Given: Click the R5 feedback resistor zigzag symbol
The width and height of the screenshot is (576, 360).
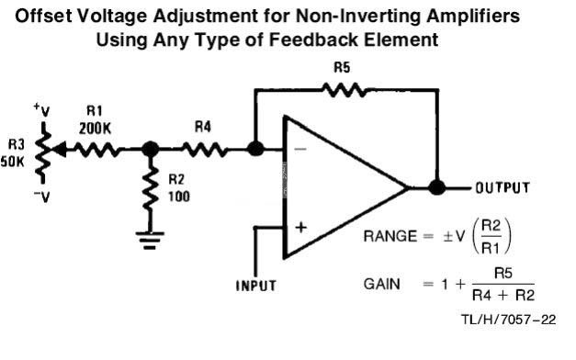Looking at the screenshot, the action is [x=344, y=90].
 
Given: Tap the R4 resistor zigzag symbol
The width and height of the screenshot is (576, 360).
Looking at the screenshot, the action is [x=205, y=150].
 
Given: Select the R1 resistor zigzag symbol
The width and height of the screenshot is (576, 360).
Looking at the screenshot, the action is [x=96, y=150].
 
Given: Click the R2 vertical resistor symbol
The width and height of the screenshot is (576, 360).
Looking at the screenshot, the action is [x=150, y=189].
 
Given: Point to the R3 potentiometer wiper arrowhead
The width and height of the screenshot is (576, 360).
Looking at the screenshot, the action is [x=60, y=150].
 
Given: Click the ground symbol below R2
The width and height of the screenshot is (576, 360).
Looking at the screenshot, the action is [x=150, y=241].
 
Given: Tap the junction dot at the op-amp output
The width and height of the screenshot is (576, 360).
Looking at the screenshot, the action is [x=436, y=187].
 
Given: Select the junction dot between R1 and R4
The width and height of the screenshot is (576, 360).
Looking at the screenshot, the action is [x=150, y=150].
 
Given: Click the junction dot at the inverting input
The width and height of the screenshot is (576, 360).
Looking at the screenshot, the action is [x=255, y=149].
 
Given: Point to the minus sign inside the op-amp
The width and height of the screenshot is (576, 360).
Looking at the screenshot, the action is [x=300, y=149].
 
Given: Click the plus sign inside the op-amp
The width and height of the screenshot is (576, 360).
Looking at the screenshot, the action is [x=300, y=228].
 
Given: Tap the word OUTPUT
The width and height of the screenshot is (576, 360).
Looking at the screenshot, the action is [x=503, y=187].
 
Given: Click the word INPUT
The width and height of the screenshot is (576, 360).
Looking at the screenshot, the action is [x=255, y=286].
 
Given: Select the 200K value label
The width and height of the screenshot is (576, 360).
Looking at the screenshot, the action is [x=95, y=129].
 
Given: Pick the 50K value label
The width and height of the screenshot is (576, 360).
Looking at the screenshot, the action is [x=13, y=162].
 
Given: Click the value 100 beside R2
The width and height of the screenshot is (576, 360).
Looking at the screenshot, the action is [x=179, y=197].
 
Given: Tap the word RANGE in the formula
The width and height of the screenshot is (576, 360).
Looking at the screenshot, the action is [x=390, y=236].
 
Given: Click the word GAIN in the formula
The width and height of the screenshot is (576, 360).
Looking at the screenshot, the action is [x=381, y=284].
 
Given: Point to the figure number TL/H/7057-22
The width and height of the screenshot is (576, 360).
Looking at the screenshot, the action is [x=509, y=320].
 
